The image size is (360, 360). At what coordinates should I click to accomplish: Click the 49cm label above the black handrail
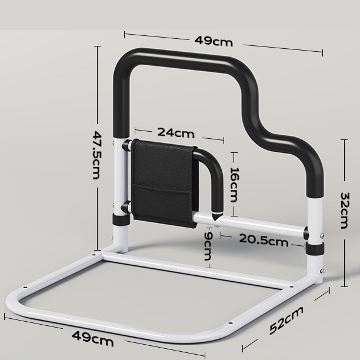coord(214,41)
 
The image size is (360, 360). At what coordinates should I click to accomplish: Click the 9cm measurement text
coord(208,246)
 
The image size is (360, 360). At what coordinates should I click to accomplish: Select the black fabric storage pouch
coord(162,183)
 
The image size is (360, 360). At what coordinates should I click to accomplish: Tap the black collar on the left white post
coord(121,220)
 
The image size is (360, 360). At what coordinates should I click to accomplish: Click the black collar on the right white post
coord(314,248)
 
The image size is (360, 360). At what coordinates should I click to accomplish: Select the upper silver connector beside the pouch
coord(126,145)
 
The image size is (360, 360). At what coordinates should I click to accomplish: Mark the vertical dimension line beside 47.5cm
coord(97,147)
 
